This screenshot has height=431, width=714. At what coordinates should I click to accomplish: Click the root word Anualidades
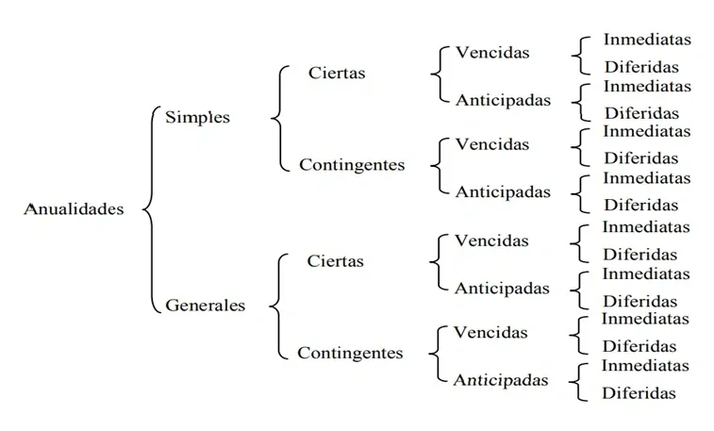[74, 209]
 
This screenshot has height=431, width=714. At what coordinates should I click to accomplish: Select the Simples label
[197, 117]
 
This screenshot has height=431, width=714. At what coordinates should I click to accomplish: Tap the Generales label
[205, 305]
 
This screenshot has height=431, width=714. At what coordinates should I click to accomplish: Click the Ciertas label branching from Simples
[337, 73]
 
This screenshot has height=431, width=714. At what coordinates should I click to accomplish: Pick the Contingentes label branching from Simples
[352, 165]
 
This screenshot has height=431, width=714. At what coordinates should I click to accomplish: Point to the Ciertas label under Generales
[335, 261]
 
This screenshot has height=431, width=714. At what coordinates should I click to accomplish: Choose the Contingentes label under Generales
[350, 354]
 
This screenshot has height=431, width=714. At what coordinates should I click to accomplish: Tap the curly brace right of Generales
[276, 307]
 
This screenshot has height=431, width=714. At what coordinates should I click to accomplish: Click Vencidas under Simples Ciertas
[492, 52]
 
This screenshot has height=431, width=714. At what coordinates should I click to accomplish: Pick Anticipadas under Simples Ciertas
[503, 99]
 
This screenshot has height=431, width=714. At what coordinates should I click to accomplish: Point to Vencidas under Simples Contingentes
[492, 144]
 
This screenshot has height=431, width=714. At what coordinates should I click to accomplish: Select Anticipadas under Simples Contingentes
[503, 191]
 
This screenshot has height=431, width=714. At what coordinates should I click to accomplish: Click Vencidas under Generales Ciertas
[491, 240]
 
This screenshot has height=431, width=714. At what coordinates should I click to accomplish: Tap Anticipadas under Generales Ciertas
[502, 288]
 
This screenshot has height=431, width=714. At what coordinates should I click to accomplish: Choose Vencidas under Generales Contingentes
[490, 332]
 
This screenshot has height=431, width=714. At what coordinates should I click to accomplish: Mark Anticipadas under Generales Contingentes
[501, 380]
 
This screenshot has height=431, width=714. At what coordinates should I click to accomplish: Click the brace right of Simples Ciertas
[437, 74]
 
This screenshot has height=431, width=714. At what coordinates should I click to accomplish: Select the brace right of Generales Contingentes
[435, 355]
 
